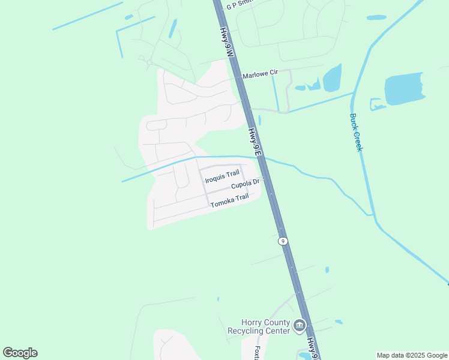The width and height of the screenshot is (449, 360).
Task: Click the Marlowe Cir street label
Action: (261, 74)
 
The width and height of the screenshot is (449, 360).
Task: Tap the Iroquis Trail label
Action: (222, 177)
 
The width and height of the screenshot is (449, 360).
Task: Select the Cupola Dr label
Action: (245, 184)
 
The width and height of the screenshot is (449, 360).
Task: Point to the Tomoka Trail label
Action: (229, 201)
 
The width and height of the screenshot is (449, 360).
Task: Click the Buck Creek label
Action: (356, 132)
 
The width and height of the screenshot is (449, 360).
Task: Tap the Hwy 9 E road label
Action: (255, 142)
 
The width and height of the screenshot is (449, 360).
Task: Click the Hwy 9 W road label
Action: (226, 42)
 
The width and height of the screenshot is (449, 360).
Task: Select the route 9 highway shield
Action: (282, 241)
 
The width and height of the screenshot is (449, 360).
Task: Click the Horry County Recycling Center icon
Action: (299, 326)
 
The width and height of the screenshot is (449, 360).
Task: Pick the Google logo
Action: (20, 353)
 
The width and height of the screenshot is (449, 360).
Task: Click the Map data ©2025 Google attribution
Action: (412, 355)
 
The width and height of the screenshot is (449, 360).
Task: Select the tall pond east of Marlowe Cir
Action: (332, 78)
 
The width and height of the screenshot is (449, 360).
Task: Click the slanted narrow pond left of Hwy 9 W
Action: (173, 28)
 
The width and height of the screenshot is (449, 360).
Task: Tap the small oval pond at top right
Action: (376, 17)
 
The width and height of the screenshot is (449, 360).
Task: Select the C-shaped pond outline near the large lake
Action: (376, 104)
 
